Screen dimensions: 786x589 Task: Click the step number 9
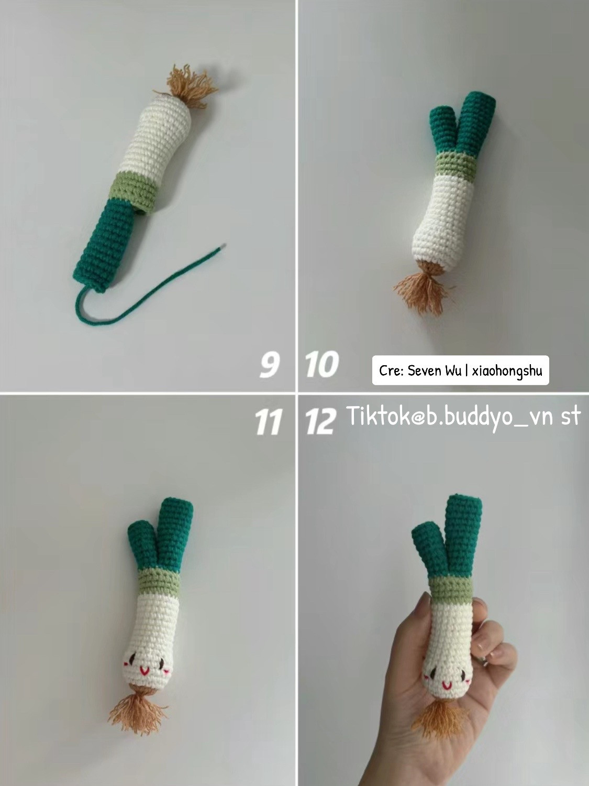(269, 365)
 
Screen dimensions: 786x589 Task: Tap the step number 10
(321, 365)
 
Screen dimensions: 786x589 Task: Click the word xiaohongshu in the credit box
(506, 371)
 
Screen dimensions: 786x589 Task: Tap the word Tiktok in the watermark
(378, 417)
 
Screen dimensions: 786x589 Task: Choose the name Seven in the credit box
(425, 371)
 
